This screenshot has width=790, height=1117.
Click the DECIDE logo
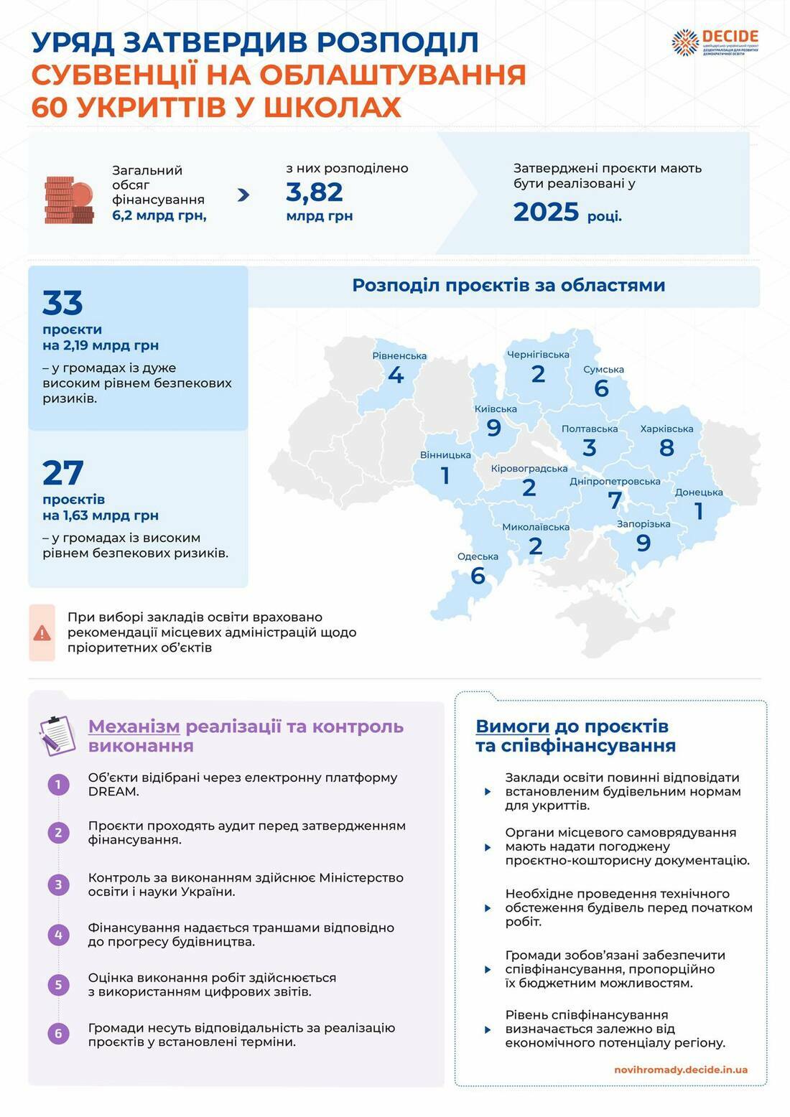[x=715, y=42]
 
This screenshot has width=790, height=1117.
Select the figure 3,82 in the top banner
[x=315, y=192]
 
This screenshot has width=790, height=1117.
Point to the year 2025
[x=546, y=212]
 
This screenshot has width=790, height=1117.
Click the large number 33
[x=62, y=304]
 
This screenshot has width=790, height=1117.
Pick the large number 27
[x=62, y=474]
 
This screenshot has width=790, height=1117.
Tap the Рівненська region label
[x=399, y=356]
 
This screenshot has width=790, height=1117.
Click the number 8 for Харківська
[x=666, y=448]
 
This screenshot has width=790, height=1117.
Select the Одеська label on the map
[x=478, y=557]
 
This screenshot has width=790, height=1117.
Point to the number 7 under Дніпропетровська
[x=615, y=500]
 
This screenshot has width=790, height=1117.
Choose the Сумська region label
[x=603, y=370]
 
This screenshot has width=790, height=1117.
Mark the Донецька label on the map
[x=699, y=492]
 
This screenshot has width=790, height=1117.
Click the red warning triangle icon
[x=42, y=632]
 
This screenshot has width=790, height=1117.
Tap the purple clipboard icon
[x=57, y=735]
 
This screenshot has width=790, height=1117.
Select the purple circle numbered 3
[x=59, y=884]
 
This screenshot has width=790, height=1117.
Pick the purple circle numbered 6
[x=59, y=1034]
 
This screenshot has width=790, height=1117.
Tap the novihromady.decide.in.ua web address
[x=680, y=1070]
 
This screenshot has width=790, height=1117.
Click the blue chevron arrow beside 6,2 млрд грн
[x=243, y=194]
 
